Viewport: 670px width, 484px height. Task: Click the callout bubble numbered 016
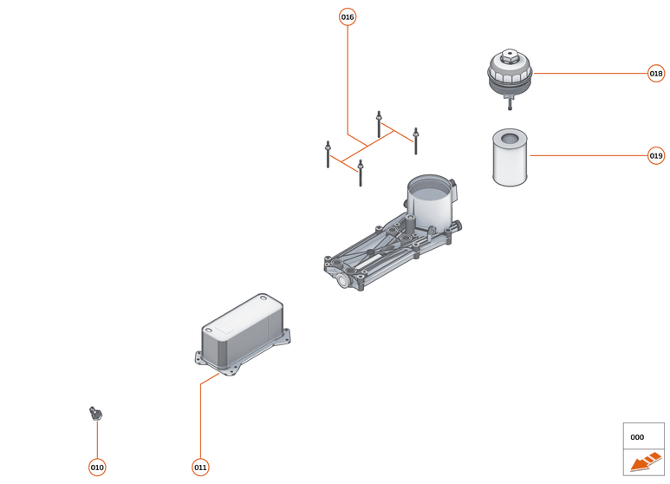click(x=347, y=16)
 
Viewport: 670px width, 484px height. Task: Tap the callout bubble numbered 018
click(x=656, y=74)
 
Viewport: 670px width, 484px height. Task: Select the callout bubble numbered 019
click(x=656, y=156)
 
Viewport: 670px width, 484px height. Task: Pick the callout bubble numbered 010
click(x=97, y=468)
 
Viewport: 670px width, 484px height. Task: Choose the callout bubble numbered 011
click(x=200, y=468)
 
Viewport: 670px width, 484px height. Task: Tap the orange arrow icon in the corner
click(x=643, y=462)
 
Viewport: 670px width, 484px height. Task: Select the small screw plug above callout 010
click(x=95, y=413)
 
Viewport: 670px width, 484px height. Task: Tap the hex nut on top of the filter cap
click(x=509, y=59)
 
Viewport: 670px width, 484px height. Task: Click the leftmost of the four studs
click(x=328, y=154)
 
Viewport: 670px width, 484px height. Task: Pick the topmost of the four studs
click(x=379, y=123)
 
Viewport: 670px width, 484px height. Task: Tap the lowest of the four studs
click(x=360, y=173)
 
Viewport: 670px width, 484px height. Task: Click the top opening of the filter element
click(x=510, y=134)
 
